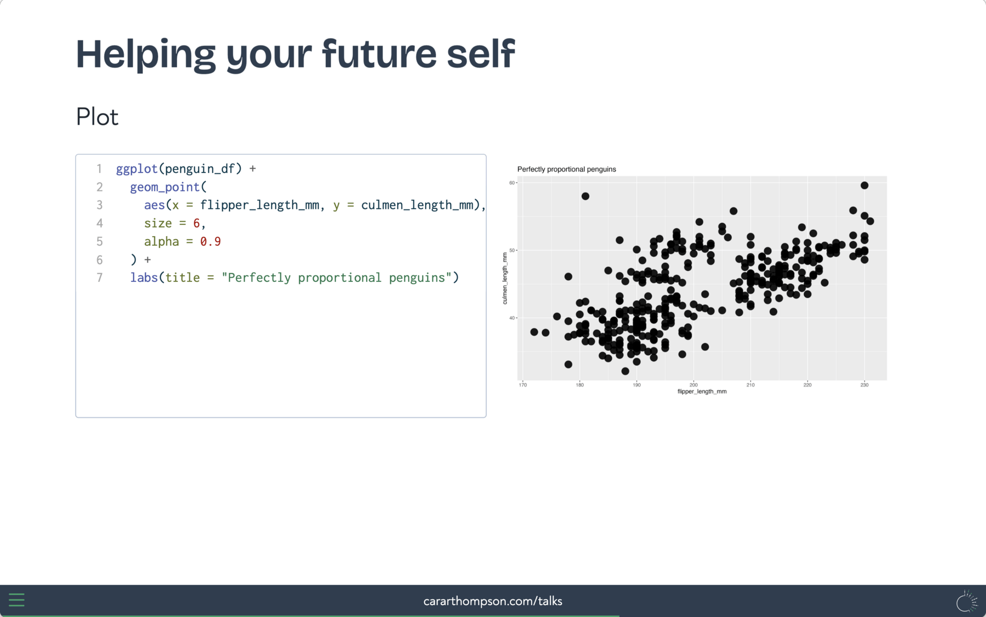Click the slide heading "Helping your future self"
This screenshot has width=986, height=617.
(x=295, y=54)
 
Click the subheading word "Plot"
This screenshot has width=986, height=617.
(x=97, y=117)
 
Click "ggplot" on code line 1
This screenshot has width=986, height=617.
(x=137, y=169)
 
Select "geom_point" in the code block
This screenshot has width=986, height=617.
(x=165, y=187)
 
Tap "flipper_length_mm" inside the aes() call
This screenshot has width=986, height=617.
(x=259, y=205)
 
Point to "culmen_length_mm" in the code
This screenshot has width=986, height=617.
(x=417, y=205)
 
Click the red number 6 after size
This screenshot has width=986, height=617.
(x=196, y=223)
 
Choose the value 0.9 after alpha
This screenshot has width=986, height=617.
(x=211, y=241)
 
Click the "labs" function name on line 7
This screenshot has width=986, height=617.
(x=144, y=278)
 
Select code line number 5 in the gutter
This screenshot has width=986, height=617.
(x=100, y=241)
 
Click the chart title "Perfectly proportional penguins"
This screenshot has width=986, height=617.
(x=566, y=169)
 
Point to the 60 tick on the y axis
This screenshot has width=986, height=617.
(x=512, y=183)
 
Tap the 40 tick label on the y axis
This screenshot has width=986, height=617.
(x=512, y=318)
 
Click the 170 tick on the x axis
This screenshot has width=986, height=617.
(x=523, y=385)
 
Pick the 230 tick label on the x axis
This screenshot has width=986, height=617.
(x=864, y=385)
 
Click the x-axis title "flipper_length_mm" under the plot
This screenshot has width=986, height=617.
(x=702, y=392)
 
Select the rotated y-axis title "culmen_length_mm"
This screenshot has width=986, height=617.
(x=505, y=278)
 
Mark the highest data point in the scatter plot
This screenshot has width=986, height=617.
(x=864, y=185)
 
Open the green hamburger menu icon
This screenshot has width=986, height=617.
(x=16, y=600)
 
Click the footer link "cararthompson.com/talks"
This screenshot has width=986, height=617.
(x=493, y=601)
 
